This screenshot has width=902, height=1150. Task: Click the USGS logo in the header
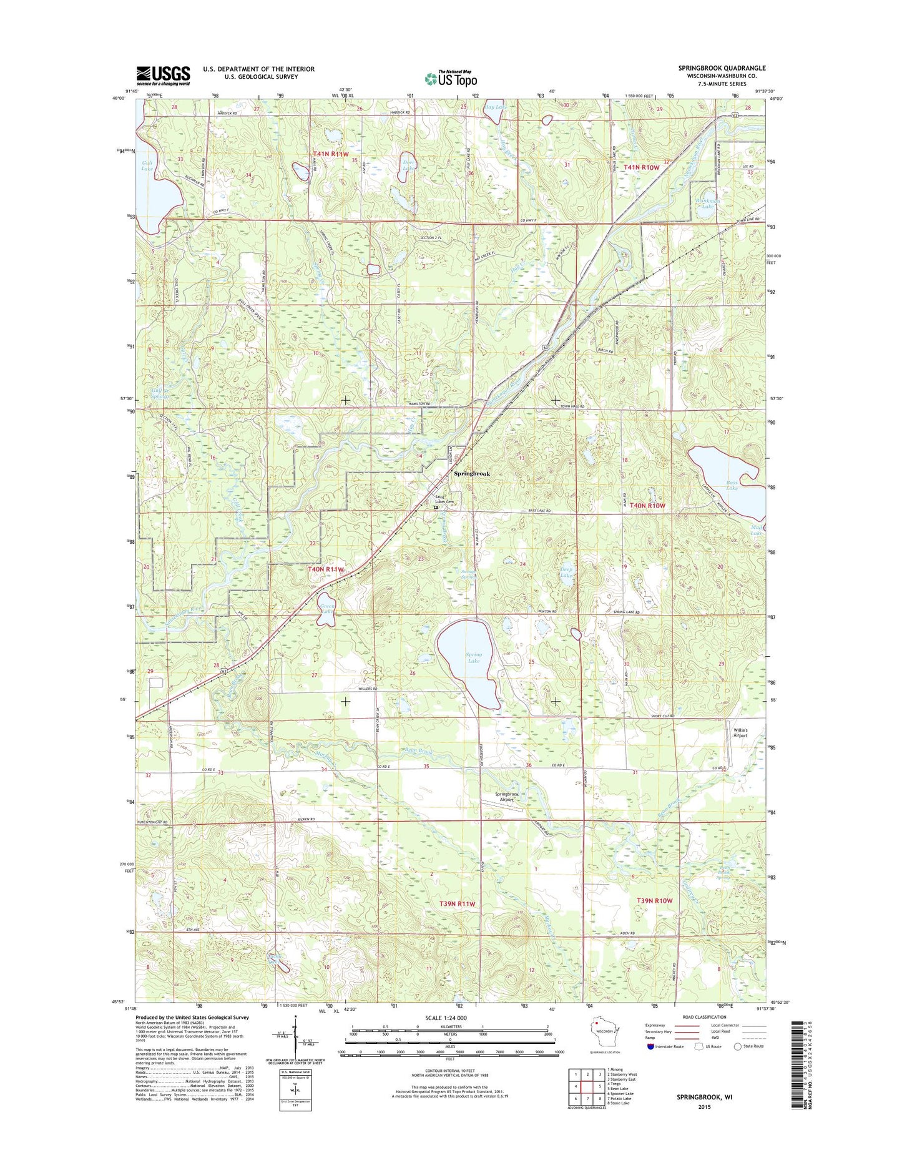tap(163, 75)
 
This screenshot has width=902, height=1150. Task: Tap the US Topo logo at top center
tap(451, 78)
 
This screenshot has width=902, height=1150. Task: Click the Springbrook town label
tap(471, 474)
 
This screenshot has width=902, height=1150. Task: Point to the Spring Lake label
tap(474, 657)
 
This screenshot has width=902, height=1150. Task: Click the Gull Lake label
tap(147, 165)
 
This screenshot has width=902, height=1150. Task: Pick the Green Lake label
tap(327, 608)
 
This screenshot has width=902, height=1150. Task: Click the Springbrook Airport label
tap(507, 797)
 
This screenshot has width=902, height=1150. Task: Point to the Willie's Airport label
tap(740, 732)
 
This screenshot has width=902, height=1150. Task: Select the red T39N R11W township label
tap(457, 903)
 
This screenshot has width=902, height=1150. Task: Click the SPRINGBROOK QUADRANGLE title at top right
tap(722, 68)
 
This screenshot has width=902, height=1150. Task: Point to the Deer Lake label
tap(408, 165)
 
